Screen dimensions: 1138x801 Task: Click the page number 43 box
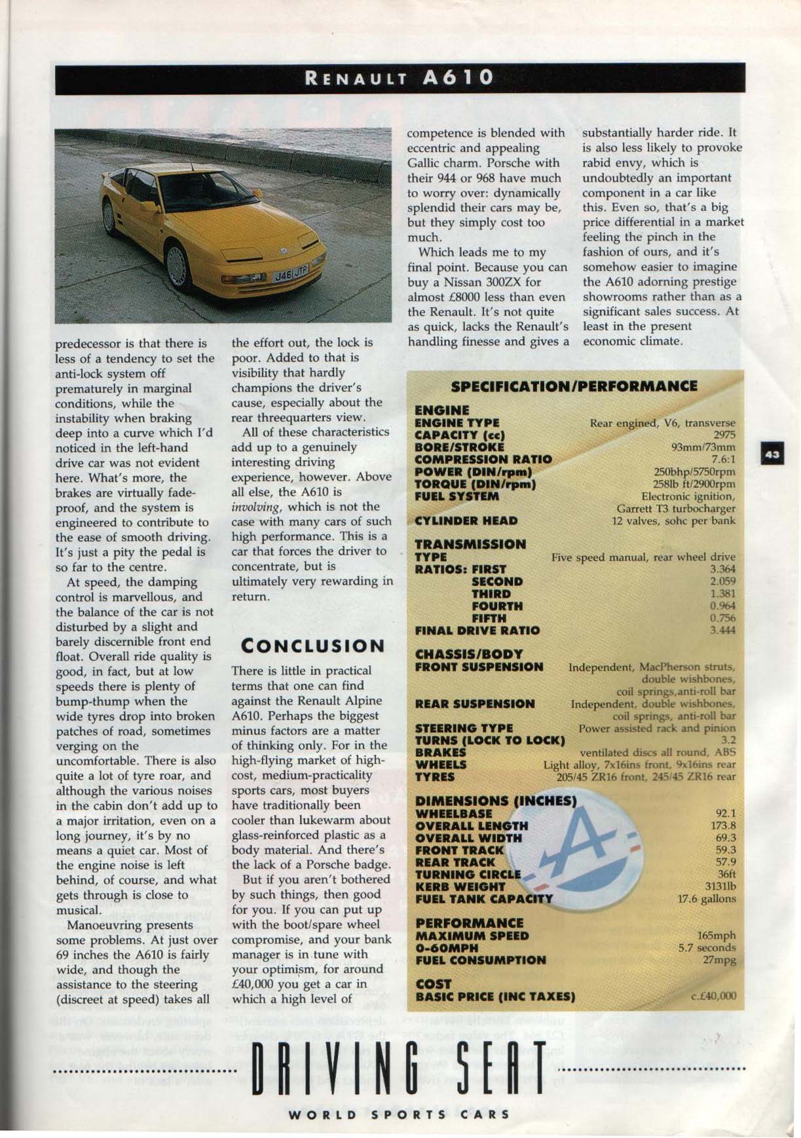coord(772,454)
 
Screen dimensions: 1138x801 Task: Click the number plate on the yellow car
coord(291,275)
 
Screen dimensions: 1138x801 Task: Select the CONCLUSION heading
coord(313,646)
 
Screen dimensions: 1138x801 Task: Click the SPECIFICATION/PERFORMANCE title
coord(574,386)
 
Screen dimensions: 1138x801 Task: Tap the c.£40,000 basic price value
coord(713,997)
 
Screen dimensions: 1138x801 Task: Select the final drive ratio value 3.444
coord(722,631)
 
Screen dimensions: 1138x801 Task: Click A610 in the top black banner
coord(458,77)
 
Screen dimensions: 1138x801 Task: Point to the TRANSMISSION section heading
coord(470,544)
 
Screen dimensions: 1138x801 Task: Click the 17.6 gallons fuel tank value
coord(707,899)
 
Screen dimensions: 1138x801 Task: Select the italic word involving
coord(259,507)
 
